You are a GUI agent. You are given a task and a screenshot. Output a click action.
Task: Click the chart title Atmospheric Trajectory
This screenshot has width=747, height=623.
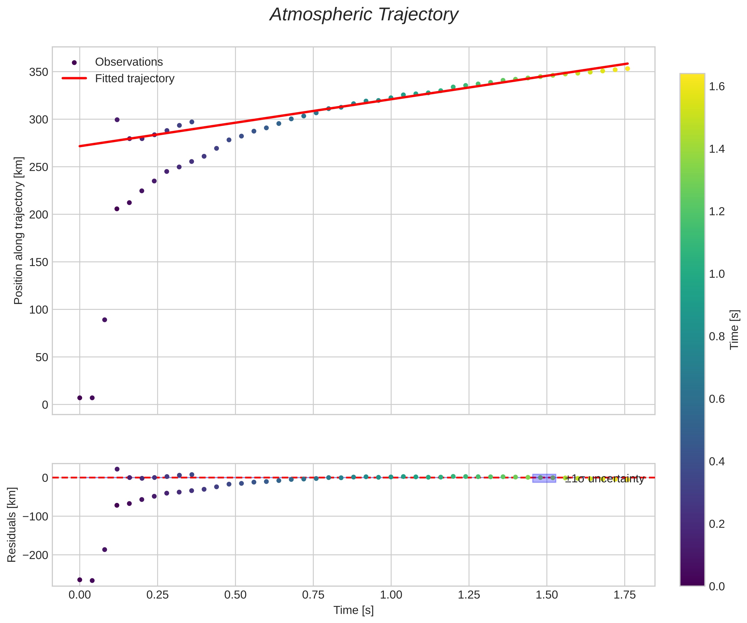[364, 15]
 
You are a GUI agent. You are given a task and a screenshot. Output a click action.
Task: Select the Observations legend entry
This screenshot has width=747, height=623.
[129, 62]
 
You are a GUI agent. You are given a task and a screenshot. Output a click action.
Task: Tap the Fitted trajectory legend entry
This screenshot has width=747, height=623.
[134, 78]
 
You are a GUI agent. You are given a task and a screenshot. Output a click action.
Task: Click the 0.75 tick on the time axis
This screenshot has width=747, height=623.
[313, 595]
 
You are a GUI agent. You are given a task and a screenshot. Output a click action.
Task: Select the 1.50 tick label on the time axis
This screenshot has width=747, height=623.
[547, 595]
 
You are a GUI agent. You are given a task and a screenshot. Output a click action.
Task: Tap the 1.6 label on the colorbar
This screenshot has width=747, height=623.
[717, 87]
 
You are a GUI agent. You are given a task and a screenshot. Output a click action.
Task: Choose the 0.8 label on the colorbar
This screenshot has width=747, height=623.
[717, 337]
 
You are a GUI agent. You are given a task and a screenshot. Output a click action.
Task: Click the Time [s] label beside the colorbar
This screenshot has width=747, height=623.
[734, 330]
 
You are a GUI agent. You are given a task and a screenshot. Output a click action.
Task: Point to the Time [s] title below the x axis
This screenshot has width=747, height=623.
[353, 611]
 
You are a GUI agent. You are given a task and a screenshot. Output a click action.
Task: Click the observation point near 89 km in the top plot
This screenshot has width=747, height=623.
[104, 320]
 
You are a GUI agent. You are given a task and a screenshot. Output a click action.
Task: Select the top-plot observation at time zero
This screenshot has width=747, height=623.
[80, 398]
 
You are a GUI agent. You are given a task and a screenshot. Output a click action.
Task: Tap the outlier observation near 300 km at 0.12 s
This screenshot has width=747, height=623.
[117, 120]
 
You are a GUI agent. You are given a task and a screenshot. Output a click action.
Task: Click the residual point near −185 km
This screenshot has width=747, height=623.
[104, 549]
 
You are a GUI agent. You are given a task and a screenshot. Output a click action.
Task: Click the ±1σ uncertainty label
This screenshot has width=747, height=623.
[604, 479]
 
